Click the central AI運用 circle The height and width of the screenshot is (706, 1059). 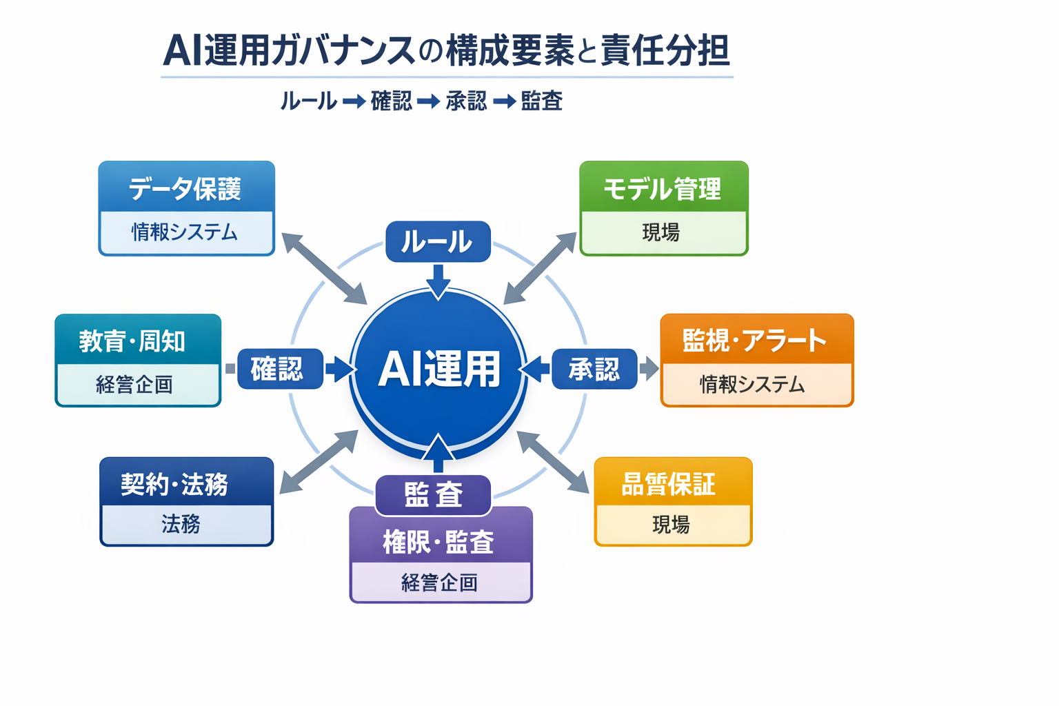click(438, 369)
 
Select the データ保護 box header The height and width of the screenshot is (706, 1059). click(186, 188)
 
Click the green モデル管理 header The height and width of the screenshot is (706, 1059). click(663, 188)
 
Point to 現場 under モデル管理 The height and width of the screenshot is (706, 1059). click(662, 232)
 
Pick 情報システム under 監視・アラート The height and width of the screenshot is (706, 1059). click(753, 384)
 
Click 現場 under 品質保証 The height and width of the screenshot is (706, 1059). click(672, 525)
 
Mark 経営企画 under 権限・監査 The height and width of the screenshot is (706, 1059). click(440, 583)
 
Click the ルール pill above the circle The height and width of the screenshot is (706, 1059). click(438, 242)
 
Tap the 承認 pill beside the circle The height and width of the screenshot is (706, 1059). click(594, 370)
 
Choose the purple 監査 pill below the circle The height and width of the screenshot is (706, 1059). click(433, 494)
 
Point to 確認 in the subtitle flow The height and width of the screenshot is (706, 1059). click(391, 101)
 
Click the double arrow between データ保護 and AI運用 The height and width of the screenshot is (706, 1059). click(324, 268)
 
